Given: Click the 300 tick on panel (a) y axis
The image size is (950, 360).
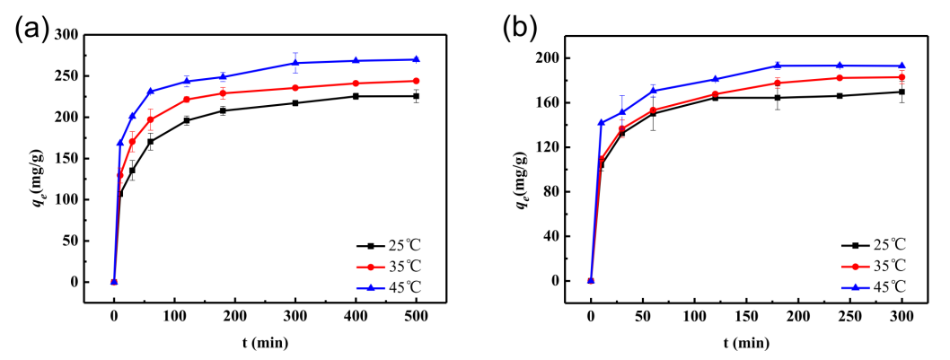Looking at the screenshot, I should (65, 34).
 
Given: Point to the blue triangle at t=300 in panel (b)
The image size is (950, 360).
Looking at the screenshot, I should (902, 66).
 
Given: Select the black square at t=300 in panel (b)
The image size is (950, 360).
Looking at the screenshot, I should (902, 92).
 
